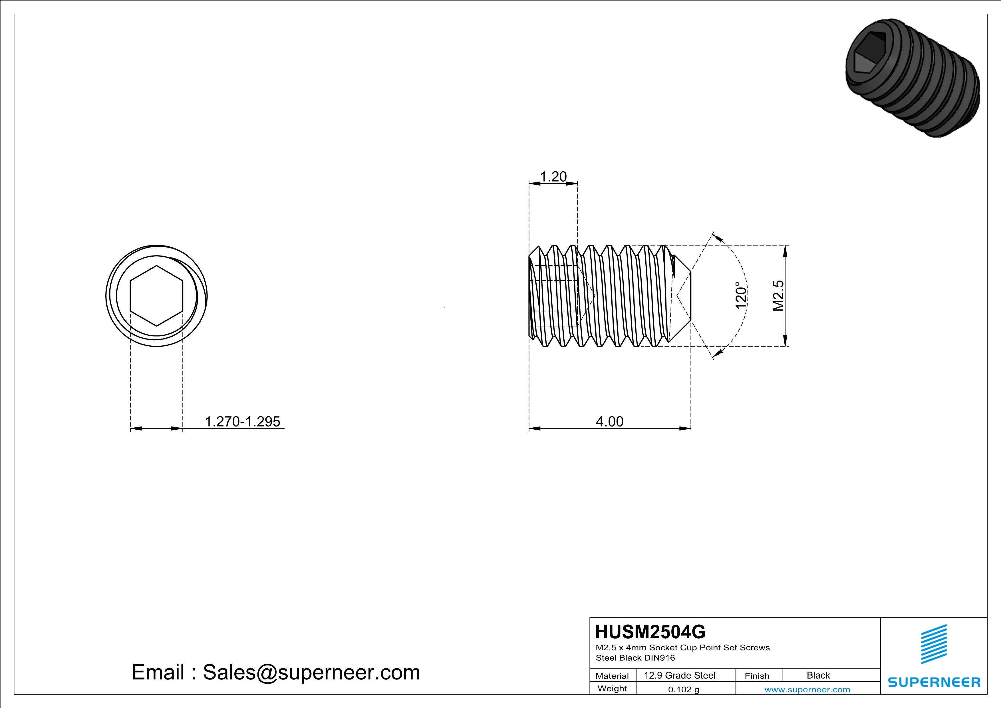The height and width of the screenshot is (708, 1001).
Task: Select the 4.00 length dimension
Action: pos(609,422)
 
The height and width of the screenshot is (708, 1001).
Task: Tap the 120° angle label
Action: pos(741,295)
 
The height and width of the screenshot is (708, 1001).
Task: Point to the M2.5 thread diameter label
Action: pos(778,295)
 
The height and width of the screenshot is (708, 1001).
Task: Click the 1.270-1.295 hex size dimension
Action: pos(242,422)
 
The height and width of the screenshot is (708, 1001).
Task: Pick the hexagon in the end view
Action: pos(156,295)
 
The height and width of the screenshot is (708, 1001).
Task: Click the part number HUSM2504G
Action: pos(650,632)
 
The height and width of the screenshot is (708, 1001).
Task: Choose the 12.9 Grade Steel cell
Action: pos(680,675)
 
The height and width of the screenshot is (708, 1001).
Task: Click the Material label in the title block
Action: pos(612,676)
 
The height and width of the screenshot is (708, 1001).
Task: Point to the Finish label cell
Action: pos(757,676)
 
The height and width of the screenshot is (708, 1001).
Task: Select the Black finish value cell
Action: pos(818,675)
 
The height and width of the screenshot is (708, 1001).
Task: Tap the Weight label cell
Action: pos(612,688)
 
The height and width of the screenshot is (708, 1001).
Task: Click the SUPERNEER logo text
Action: pos(934,682)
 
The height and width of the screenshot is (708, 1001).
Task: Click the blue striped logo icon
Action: pos(934,644)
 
